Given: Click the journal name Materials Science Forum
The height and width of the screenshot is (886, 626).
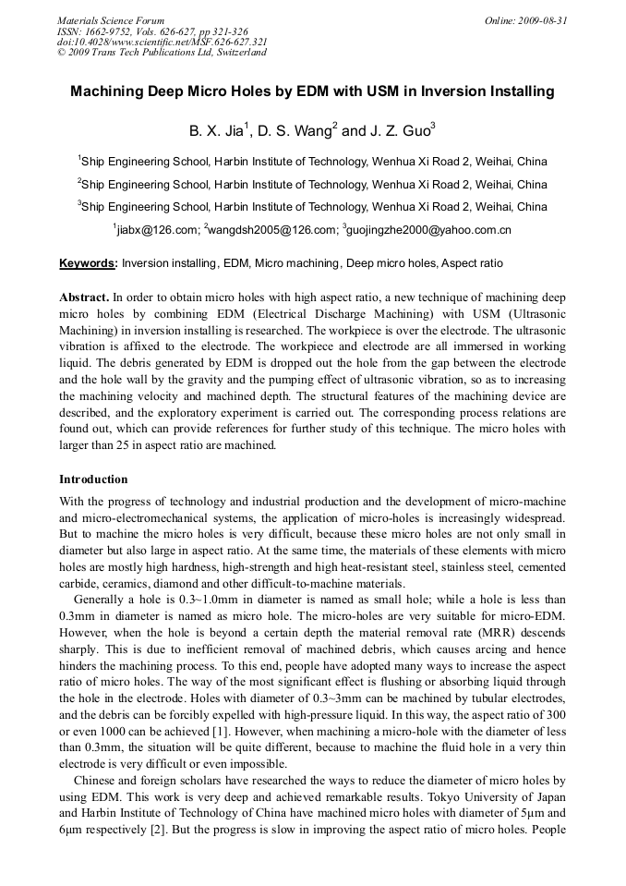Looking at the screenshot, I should tap(111, 20).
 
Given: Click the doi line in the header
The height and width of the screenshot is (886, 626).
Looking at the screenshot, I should tap(163, 42).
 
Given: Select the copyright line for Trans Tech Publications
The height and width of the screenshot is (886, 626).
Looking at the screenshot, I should tap(162, 53).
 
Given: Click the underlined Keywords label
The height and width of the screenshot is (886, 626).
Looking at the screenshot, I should tap(88, 263).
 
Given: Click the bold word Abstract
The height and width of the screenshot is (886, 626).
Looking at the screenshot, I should tap(84, 297).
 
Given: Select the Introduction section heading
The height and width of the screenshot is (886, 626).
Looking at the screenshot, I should tap(93, 479).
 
